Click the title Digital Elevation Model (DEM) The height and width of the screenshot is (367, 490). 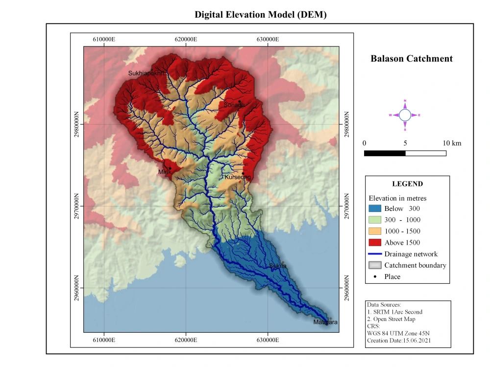click(x=260, y=15)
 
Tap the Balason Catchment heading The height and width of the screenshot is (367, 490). click(x=411, y=59)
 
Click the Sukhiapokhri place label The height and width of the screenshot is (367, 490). click(x=146, y=73)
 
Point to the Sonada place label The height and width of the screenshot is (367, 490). click(x=234, y=105)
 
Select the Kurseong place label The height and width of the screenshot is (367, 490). click(x=238, y=177)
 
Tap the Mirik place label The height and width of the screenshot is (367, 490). click(x=164, y=172)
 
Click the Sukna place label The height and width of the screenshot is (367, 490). click(x=278, y=266)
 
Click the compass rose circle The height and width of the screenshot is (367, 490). click(x=405, y=115)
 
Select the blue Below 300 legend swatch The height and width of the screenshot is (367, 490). click(x=374, y=208)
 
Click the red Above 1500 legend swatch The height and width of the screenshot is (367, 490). click(x=374, y=242)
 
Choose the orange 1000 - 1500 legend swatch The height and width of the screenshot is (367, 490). click(x=374, y=231)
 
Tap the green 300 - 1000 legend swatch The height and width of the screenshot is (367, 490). click(x=374, y=220)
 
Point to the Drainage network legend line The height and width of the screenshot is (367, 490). click(x=374, y=254)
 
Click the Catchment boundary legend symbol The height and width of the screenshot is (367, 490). click(x=374, y=265)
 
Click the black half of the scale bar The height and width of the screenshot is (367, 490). click(x=385, y=153)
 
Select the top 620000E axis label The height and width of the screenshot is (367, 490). click(x=186, y=39)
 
